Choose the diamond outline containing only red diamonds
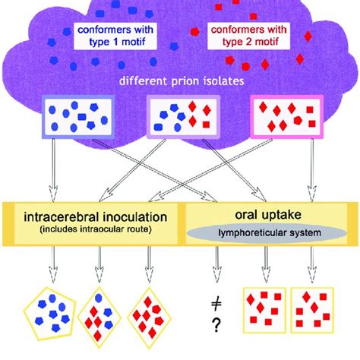[150, 312]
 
